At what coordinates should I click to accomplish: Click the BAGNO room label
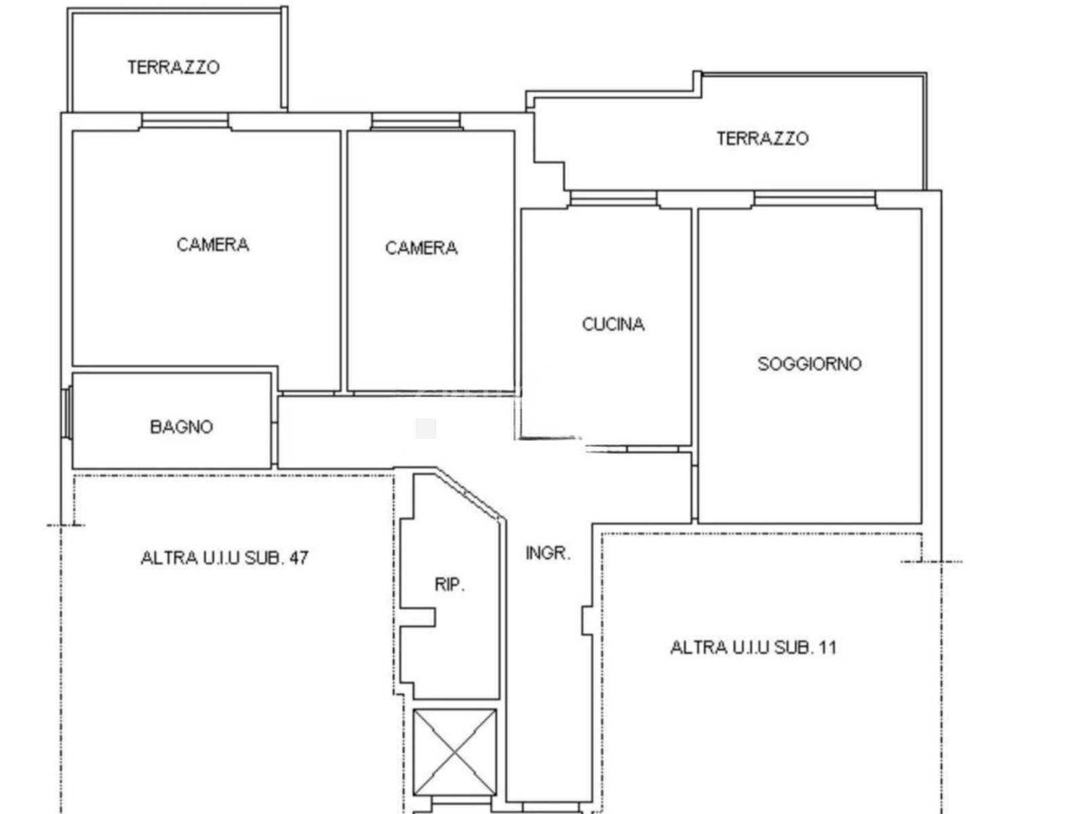[x=182, y=427]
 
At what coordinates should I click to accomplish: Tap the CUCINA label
[x=613, y=324]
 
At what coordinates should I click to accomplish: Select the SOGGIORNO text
[x=810, y=364]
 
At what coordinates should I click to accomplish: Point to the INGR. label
[x=548, y=553]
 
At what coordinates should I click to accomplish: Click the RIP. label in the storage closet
[x=450, y=585]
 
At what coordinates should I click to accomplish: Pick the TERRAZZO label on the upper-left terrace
[x=174, y=67]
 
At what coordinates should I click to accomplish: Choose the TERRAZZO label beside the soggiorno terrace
[x=763, y=138]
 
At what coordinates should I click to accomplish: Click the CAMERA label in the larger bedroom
[x=212, y=245]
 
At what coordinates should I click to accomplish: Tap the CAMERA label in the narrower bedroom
[x=421, y=248]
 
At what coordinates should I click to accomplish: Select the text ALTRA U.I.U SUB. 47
[x=224, y=558]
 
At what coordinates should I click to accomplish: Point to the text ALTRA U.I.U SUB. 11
[x=753, y=647]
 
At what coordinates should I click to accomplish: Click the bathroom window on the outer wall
[x=67, y=412]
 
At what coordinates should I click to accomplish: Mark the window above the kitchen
[x=614, y=199]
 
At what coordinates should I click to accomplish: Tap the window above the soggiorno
[x=814, y=199]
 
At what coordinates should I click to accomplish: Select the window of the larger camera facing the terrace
[x=185, y=121]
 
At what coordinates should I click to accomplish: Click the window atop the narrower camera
[x=416, y=121]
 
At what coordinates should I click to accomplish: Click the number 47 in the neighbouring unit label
[x=298, y=558]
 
